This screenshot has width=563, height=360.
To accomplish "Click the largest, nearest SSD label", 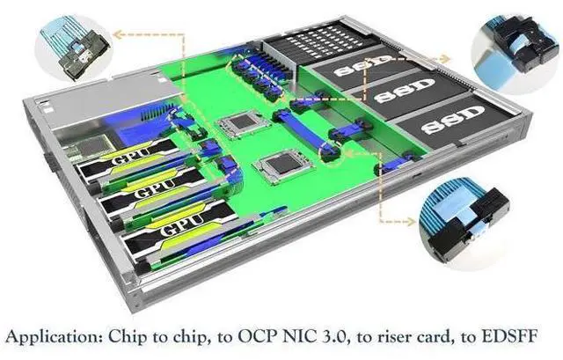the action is tap(452, 120).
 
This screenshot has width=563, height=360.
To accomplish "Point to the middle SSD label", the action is tap(405, 91).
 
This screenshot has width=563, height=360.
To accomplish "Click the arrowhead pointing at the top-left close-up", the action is tap(117, 34).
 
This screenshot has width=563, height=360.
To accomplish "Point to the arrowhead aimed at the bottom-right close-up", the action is tap(410, 221).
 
